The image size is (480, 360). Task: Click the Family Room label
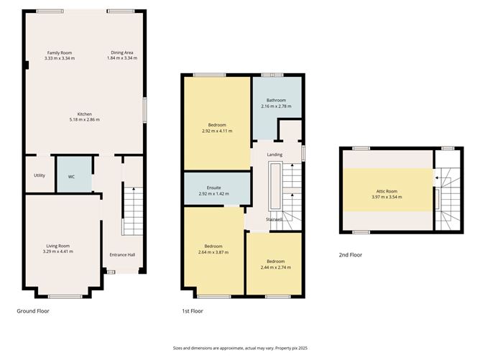click(60, 52)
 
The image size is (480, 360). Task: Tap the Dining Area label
click(121, 52)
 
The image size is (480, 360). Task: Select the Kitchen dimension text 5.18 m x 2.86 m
click(85, 119)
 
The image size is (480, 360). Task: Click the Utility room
click(39, 175)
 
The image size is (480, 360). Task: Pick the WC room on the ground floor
click(72, 175)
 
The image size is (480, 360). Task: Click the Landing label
click(274, 154)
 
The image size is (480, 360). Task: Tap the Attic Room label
click(387, 191)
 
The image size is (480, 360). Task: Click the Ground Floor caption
click(33, 311)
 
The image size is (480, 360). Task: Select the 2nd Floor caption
click(350, 254)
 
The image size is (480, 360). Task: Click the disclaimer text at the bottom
click(240, 346)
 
